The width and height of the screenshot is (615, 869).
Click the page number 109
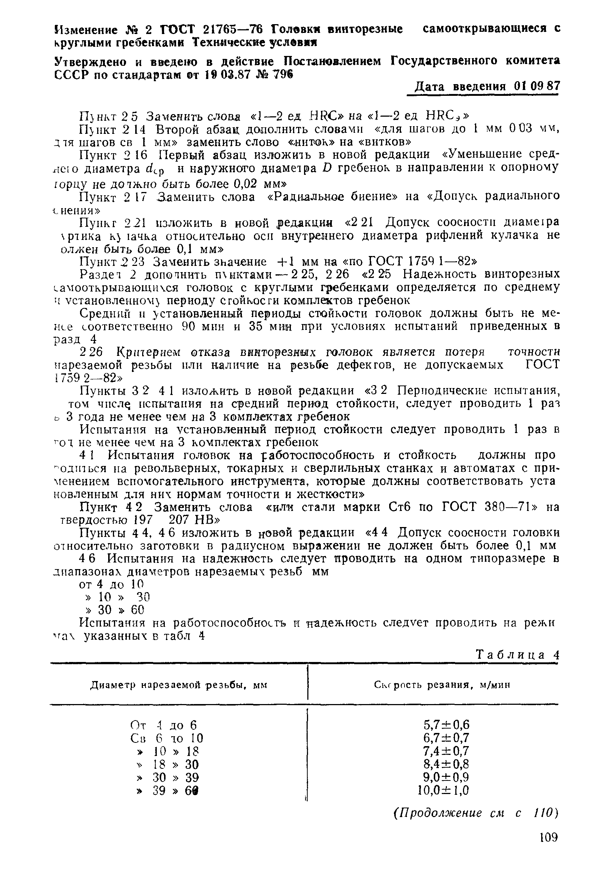[x=548, y=837]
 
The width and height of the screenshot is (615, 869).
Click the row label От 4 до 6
[x=164, y=725]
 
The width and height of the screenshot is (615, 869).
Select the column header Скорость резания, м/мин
[x=442, y=685]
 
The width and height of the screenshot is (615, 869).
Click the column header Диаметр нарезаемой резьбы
[x=178, y=685]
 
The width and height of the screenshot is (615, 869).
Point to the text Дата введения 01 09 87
[x=487, y=86]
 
